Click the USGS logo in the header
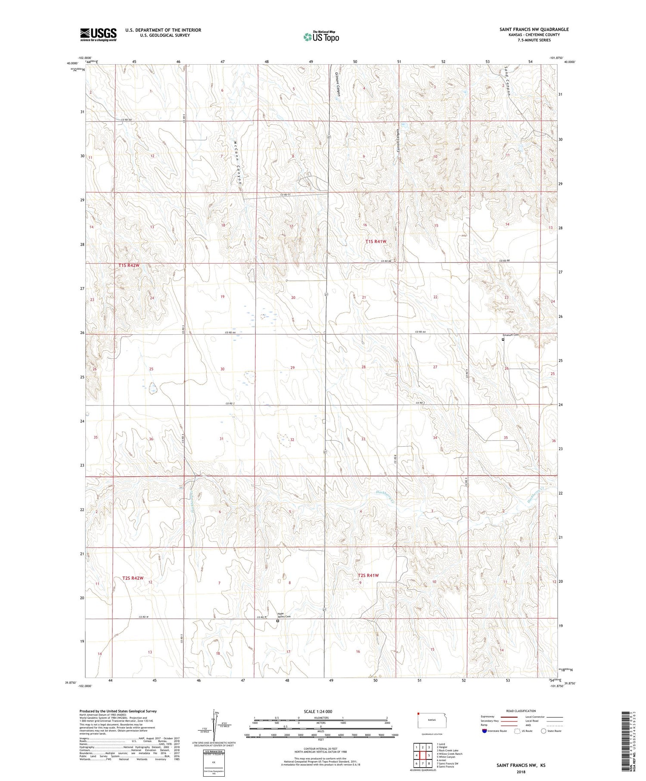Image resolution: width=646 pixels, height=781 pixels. (x=98, y=34)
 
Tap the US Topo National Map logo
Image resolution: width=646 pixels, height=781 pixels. (x=321, y=37)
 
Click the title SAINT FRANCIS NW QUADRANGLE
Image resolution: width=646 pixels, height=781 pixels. (x=534, y=29)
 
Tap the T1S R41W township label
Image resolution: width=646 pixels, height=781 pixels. (x=376, y=242)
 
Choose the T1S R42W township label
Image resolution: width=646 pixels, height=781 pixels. (x=129, y=265)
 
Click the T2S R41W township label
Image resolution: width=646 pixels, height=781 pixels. (x=368, y=575)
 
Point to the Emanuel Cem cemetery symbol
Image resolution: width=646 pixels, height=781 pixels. (x=503, y=339)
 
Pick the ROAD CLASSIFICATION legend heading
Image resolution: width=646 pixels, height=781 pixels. (x=521, y=711)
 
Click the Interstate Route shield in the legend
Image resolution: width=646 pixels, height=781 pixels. (x=485, y=731)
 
